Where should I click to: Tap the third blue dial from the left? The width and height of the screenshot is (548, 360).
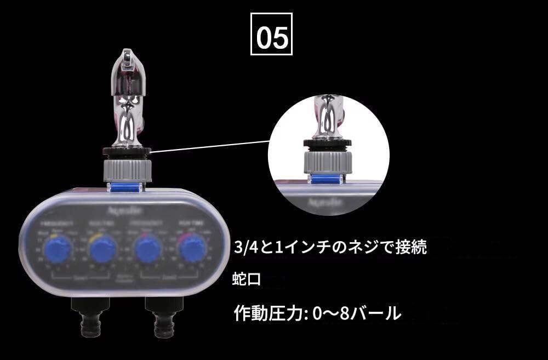point(147,250)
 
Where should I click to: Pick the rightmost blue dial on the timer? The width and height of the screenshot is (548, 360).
point(192,250)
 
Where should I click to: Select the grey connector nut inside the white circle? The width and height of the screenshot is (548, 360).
point(327,161)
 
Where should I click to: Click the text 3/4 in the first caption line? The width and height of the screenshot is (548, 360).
point(245,248)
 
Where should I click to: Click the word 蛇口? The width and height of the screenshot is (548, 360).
point(247,280)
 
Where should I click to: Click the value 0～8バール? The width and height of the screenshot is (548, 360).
point(356,313)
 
